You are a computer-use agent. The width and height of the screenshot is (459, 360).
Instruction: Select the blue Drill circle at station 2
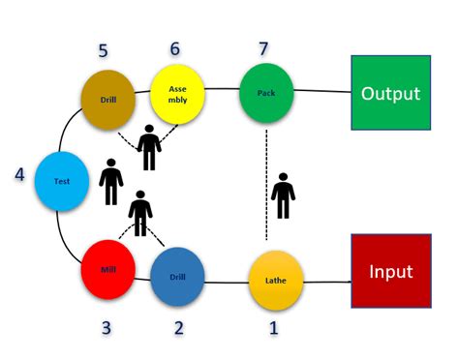tap(177, 276)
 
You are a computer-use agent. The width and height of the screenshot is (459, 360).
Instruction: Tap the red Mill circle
tap(107, 268)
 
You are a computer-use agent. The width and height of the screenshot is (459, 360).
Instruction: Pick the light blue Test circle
tap(61, 181)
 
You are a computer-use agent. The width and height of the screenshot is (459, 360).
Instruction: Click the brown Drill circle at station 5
tap(107, 98)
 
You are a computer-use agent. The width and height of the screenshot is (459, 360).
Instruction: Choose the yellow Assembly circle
tap(177, 94)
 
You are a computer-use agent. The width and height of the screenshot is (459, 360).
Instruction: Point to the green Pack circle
tap(266, 92)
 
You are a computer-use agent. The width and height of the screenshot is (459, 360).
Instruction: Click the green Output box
tap(390, 93)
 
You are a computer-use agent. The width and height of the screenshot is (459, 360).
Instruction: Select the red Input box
tap(390, 272)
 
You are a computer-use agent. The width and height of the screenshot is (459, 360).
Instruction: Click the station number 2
tap(178, 327)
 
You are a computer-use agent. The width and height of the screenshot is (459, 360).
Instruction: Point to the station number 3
tap(107, 327)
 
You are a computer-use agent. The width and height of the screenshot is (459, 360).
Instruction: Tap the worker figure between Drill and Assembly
tap(148, 146)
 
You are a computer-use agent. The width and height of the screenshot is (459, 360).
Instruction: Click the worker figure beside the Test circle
tap(111, 181)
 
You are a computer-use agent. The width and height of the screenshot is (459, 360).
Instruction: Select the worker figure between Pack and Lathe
tap(283, 195)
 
